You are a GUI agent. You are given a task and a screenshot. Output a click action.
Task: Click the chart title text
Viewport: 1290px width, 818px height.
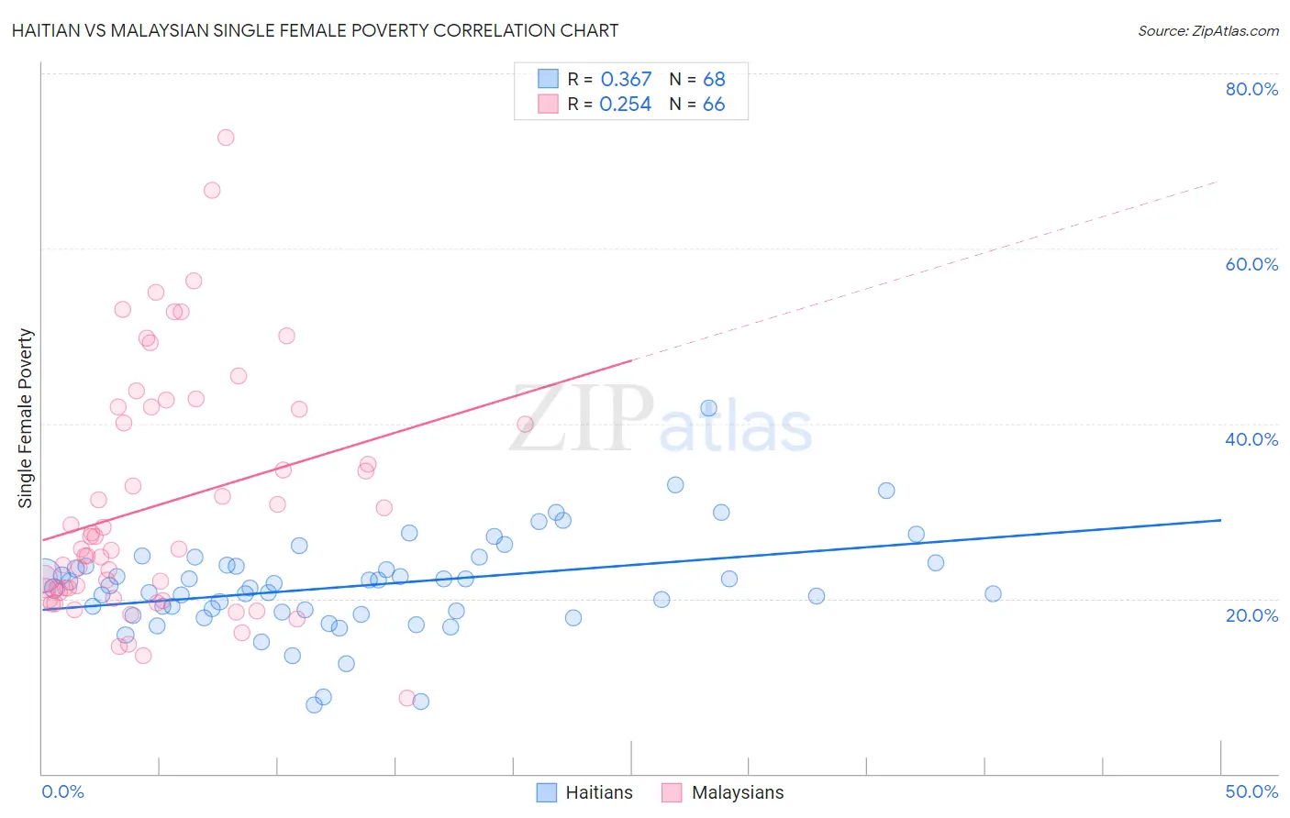click(x=315, y=30)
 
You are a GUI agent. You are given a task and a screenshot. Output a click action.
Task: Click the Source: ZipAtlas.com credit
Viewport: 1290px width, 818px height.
click(x=1207, y=30)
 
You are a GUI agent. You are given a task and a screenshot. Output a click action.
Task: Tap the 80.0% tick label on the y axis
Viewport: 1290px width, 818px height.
click(x=1251, y=89)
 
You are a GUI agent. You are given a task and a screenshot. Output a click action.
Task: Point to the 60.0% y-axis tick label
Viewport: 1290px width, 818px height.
click(x=1251, y=264)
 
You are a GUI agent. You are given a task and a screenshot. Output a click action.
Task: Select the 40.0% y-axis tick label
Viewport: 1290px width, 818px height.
click(x=1251, y=439)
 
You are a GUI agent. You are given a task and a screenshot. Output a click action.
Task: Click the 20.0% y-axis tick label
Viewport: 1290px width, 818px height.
click(x=1251, y=614)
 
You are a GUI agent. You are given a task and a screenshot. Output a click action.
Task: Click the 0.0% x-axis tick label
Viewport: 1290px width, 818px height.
click(x=62, y=791)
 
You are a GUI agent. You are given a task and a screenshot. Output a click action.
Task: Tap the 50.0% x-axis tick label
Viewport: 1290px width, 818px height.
click(x=1251, y=791)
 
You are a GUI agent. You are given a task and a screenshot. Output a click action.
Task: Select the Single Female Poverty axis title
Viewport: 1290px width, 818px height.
click(x=26, y=418)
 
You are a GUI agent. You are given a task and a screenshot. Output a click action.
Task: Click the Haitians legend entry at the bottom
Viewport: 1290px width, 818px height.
click(x=598, y=792)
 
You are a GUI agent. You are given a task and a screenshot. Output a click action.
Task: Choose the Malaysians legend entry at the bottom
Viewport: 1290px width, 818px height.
click(x=737, y=792)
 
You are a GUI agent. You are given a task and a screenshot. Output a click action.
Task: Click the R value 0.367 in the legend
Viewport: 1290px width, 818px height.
click(x=626, y=80)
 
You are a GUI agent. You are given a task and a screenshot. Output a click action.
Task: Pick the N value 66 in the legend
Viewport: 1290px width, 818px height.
click(x=714, y=105)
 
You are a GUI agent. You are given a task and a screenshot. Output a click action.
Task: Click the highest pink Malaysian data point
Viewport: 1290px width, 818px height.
click(x=226, y=138)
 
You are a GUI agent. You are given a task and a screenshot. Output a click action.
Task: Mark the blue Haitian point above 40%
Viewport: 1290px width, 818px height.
click(x=708, y=408)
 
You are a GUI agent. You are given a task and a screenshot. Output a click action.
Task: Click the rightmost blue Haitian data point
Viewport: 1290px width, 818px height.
click(x=993, y=593)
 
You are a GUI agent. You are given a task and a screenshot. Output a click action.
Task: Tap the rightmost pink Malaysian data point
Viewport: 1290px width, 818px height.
click(x=525, y=424)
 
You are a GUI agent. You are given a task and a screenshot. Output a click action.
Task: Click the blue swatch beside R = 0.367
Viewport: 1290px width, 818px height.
click(x=548, y=80)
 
